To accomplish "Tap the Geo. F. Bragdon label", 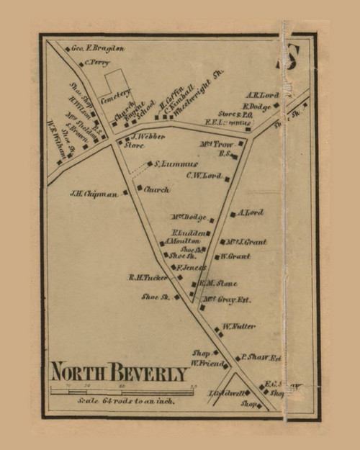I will point(98,49).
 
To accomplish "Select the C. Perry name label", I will point(96,63).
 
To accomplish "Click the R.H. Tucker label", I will point(148,277).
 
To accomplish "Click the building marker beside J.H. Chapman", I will point(125,193).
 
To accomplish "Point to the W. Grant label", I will point(236,256).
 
